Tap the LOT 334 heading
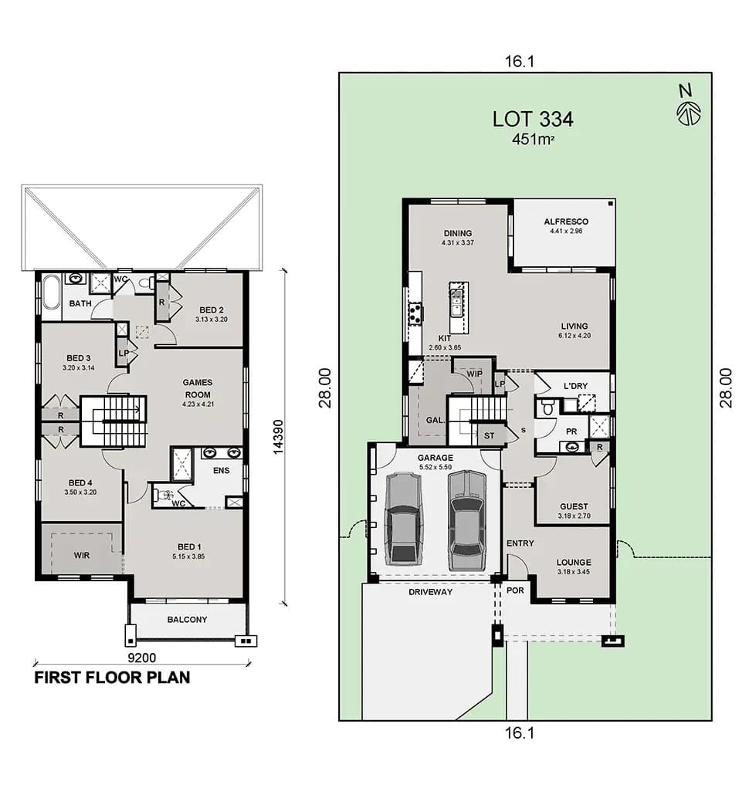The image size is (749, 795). pos(533,119)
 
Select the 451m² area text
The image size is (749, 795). pos(533,140)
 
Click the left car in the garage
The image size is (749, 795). pos(402,518)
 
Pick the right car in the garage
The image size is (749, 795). pos(466,514)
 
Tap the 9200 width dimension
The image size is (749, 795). pos(141,658)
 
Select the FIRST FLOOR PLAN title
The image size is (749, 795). pos(112,678)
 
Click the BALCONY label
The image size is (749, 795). pos(187,619)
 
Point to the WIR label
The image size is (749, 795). pos(82,555)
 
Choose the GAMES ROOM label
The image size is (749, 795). pos(197,388)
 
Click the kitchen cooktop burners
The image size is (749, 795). pos(414,313)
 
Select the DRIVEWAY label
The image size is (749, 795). pos(431,592)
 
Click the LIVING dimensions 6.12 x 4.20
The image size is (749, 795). pos(574,336)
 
